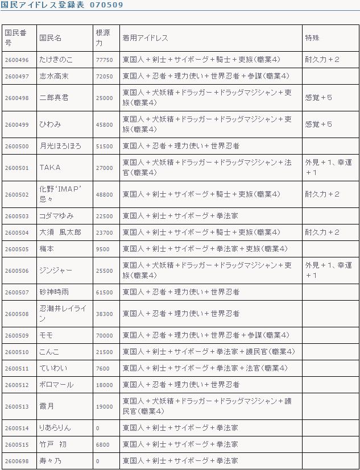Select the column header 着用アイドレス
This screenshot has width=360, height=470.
coord(145,38)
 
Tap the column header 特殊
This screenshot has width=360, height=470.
coord(312,38)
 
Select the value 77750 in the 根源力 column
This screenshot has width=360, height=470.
coord(104,60)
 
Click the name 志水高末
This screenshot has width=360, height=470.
coord(54,76)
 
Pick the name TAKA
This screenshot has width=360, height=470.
coord(49,168)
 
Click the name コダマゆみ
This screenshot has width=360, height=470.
coord(56,216)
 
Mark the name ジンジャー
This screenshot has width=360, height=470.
coord(56,271)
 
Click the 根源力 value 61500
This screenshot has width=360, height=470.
coord(104,292)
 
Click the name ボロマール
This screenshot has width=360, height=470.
coord(56,385)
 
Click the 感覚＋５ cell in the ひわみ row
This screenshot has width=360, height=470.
coord(318,124)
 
